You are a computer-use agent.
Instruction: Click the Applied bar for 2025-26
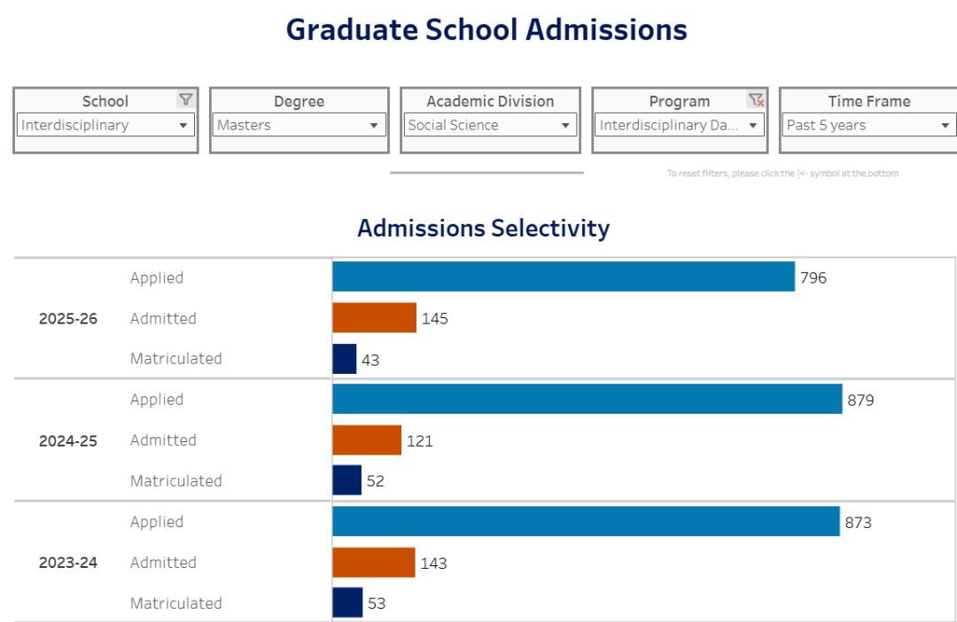point(564,276)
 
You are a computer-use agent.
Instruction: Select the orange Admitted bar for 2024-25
point(367,439)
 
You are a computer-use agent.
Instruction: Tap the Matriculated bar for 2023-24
point(347,603)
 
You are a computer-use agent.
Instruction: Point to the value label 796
point(813,278)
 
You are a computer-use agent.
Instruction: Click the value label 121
point(420,440)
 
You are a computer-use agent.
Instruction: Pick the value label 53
point(377,603)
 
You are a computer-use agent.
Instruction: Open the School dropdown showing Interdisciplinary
point(105,125)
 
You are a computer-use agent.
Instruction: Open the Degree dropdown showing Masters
point(299,125)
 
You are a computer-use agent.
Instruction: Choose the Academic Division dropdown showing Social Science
point(490,125)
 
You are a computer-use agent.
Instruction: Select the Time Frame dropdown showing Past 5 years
point(868,125)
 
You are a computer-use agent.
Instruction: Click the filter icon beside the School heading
point(185,100)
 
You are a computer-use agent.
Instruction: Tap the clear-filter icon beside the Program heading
point(755,100)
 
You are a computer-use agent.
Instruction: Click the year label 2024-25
point(68,440)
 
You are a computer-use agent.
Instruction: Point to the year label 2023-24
point(68,563)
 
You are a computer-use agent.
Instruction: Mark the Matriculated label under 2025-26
point(175,359)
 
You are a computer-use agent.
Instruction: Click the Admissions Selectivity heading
point(483,229)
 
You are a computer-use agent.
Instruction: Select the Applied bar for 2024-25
point(587,399)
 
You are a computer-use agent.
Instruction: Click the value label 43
point(370,361)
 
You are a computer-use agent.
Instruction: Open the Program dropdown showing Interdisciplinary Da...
point(679,125)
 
